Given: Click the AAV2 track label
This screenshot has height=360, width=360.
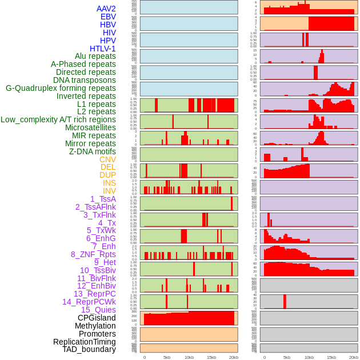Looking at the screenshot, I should click(x=106, y=9).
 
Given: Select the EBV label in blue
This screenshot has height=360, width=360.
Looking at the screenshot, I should click(x=107, y=17).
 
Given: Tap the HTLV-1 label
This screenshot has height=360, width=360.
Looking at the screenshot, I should click(x=102, y=49).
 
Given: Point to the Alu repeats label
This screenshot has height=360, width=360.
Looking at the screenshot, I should click(x=95, y=56).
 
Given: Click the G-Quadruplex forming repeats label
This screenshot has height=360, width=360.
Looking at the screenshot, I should click(x=61, y=88).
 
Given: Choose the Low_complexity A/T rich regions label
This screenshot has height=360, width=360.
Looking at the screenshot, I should click(x=58, y=119).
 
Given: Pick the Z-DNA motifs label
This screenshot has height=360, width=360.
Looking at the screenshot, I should click(x=93, y=151).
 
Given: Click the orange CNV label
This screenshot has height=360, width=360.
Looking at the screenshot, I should click(x=107, y=159).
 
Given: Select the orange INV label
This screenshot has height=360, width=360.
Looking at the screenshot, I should click(x=109, y=191).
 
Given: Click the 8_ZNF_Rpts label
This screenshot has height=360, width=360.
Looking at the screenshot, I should click(x=93, y=254).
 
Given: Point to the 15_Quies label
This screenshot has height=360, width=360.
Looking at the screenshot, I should click(x=98, y=310).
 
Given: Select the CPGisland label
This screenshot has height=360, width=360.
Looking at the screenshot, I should click(x=97, y=318).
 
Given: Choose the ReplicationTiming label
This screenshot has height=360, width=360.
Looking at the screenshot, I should click(x=85, y=342).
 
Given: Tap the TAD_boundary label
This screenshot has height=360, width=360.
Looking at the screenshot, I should click(x=89, y=349).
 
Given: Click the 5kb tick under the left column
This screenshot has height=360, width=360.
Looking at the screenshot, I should click(x=167, y=357).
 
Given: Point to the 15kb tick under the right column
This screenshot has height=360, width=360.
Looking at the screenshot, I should click(x=331, y=357).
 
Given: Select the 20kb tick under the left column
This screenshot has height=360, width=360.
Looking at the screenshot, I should click(x=234, y=357).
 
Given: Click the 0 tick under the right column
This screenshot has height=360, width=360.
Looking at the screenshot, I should click(x=264, y=357).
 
